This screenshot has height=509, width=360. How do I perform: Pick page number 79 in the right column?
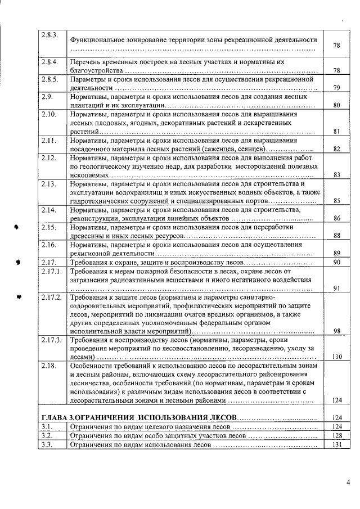[x=337, y=88]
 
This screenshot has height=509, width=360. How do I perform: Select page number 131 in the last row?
[x=337, y=445]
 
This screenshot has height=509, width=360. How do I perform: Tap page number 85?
[x=337, y=201]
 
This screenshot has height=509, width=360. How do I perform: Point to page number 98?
[x=337, y=331]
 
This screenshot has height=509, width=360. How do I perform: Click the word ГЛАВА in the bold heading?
[x=56, y=418]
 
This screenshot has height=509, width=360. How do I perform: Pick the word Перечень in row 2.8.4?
[x=86, y=62]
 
